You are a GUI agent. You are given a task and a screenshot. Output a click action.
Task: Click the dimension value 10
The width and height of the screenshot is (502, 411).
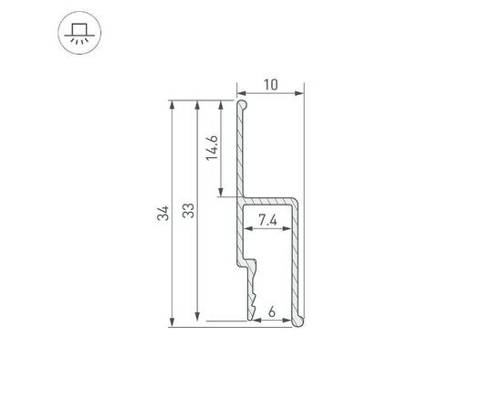(270, 84)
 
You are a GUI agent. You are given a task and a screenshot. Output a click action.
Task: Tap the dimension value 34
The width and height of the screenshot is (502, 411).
(162, 214)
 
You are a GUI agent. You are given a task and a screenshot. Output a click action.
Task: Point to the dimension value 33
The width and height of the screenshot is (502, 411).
(187, 212)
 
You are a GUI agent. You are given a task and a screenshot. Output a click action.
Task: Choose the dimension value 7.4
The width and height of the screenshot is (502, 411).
(268, 219)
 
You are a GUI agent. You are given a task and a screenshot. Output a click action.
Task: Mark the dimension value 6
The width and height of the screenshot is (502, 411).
(273, 311)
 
